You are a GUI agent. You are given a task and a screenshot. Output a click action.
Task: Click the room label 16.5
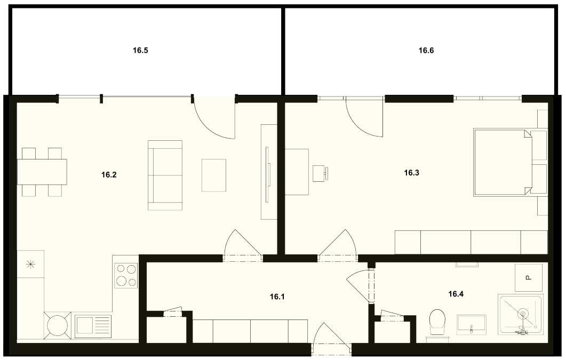[140, 51]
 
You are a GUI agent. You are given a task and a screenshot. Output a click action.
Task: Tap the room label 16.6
[426, 51]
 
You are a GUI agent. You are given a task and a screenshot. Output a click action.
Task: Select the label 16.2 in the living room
[109, 175]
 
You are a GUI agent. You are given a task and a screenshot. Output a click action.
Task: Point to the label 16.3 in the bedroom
[411, 173]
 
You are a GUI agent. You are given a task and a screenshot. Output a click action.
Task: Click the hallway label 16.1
[277, 297]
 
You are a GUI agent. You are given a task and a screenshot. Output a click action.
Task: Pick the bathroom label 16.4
[456, 294]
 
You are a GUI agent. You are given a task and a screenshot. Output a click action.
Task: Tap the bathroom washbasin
[471, 323]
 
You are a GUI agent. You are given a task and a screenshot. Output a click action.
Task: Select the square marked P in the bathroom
[529, 278]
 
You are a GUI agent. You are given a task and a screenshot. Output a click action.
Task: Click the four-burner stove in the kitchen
[126, 276]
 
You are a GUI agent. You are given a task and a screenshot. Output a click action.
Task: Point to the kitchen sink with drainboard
[93, 326]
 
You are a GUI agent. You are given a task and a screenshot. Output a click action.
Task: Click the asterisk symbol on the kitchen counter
[31, 265]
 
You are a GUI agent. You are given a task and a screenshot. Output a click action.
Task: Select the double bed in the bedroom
[503, 163]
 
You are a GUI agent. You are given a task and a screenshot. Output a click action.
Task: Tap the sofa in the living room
[165, 175]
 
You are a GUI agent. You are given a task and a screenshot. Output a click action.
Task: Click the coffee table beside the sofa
[214, 175]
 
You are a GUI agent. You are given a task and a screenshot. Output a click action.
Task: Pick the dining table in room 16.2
[42, 172]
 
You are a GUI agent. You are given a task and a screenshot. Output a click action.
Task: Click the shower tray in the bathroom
[520, 314]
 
